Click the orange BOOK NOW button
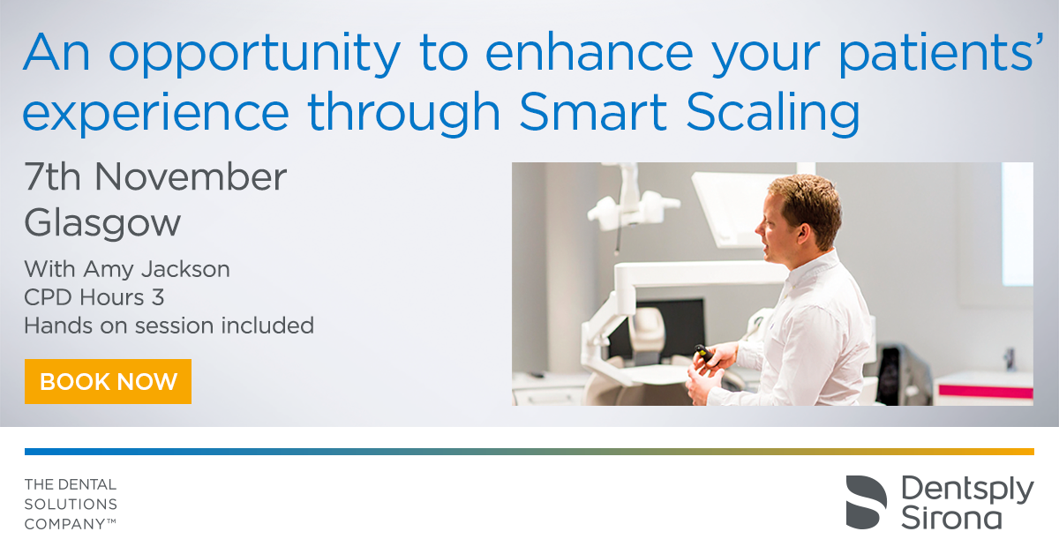point(108,381)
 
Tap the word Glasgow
point(102,223)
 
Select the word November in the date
point(191,176)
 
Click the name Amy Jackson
point(156,269)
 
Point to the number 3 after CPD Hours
point(158,297)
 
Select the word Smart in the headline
point(593,111)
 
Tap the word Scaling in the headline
point(772,114)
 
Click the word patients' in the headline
point(941,55)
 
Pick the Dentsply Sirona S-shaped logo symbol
point(866,502)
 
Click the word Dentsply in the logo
point(967,491)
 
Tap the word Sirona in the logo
point(951,518)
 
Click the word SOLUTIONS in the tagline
point(71,505)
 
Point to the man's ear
point(802,233)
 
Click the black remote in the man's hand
point(704,353)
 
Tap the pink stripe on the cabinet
point(986,392)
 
